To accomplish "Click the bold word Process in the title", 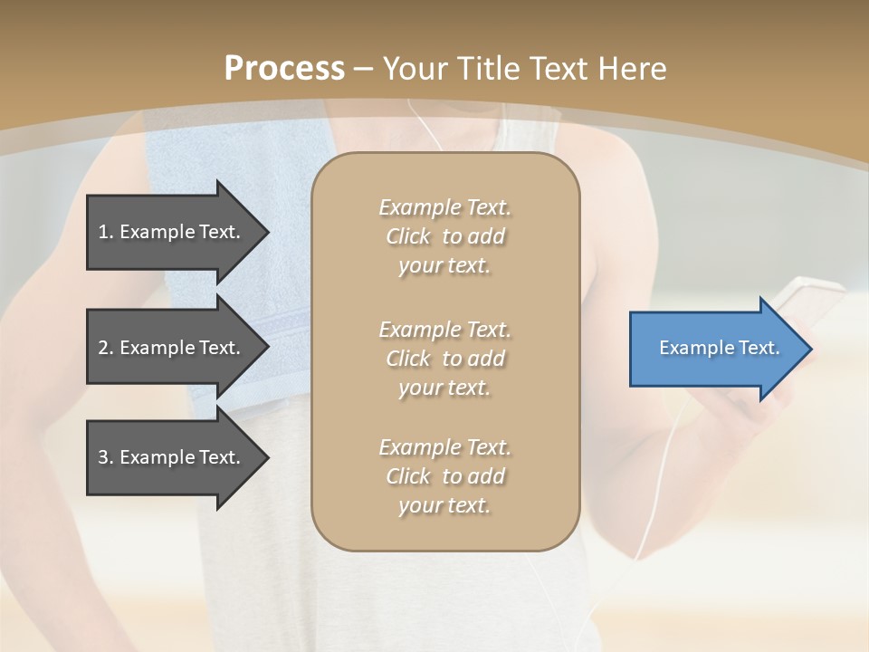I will (284, 69).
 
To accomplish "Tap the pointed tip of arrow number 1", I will (266, 232).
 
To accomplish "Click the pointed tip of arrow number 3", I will (266, 457).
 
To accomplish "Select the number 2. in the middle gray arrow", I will (105, 348).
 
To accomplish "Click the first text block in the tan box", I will (444, 236).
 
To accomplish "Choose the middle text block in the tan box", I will (444, 358).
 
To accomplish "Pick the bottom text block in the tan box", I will (444, 476).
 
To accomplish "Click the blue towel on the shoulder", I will (226, 181).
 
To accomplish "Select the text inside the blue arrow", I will (719, 349).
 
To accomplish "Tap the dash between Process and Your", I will (364, 70).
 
